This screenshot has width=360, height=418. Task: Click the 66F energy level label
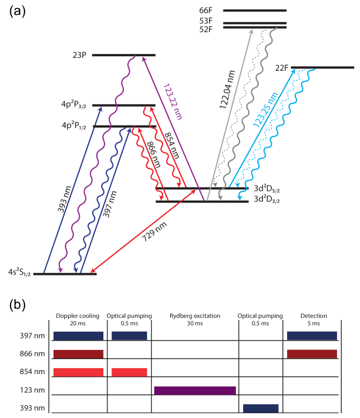click(206, 10)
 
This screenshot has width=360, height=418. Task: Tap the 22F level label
click(282, 68)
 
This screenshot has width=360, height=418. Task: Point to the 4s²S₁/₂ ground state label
click(16, 273)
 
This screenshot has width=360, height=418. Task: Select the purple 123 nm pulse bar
click(195, 390)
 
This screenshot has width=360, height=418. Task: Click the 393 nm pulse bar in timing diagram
click(260, 408)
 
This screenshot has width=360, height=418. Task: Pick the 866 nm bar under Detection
click(312, 354)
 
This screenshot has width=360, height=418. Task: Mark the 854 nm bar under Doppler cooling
click(78, 372)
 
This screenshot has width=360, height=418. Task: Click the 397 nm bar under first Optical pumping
click(129, 336)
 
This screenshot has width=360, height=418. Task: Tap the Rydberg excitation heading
click(194, 316)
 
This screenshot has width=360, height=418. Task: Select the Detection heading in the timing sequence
click(313, 316)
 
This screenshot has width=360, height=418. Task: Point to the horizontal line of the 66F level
click(255, 10)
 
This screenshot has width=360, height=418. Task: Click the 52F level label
click(206, 30)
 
